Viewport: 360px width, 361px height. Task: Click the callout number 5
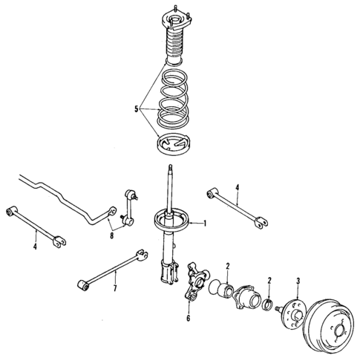pos(137,109)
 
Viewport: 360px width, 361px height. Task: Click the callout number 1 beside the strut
pos(205,224)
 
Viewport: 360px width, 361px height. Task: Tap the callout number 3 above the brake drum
pos(298,280)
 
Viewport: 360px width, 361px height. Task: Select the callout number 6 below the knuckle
pos(188,318)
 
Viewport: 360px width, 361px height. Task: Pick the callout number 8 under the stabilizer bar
pos(111,237)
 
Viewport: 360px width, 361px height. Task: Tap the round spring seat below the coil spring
pos(175,145)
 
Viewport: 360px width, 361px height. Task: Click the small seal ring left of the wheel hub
pos(265,303)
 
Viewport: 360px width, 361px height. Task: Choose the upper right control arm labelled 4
pos(237,207)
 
